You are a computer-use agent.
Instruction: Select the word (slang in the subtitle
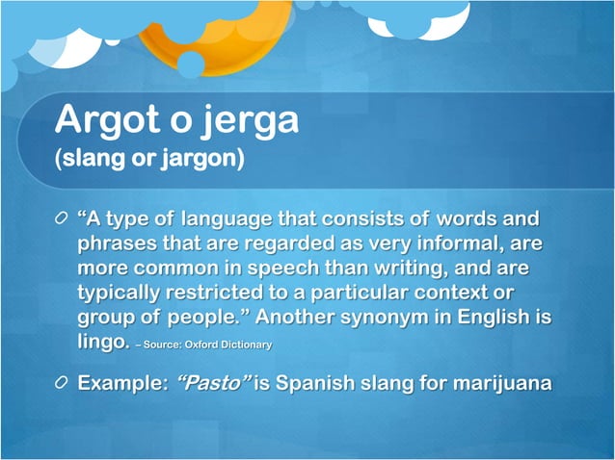93,158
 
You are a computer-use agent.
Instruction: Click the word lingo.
102,342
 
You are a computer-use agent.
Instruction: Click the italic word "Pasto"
212,384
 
